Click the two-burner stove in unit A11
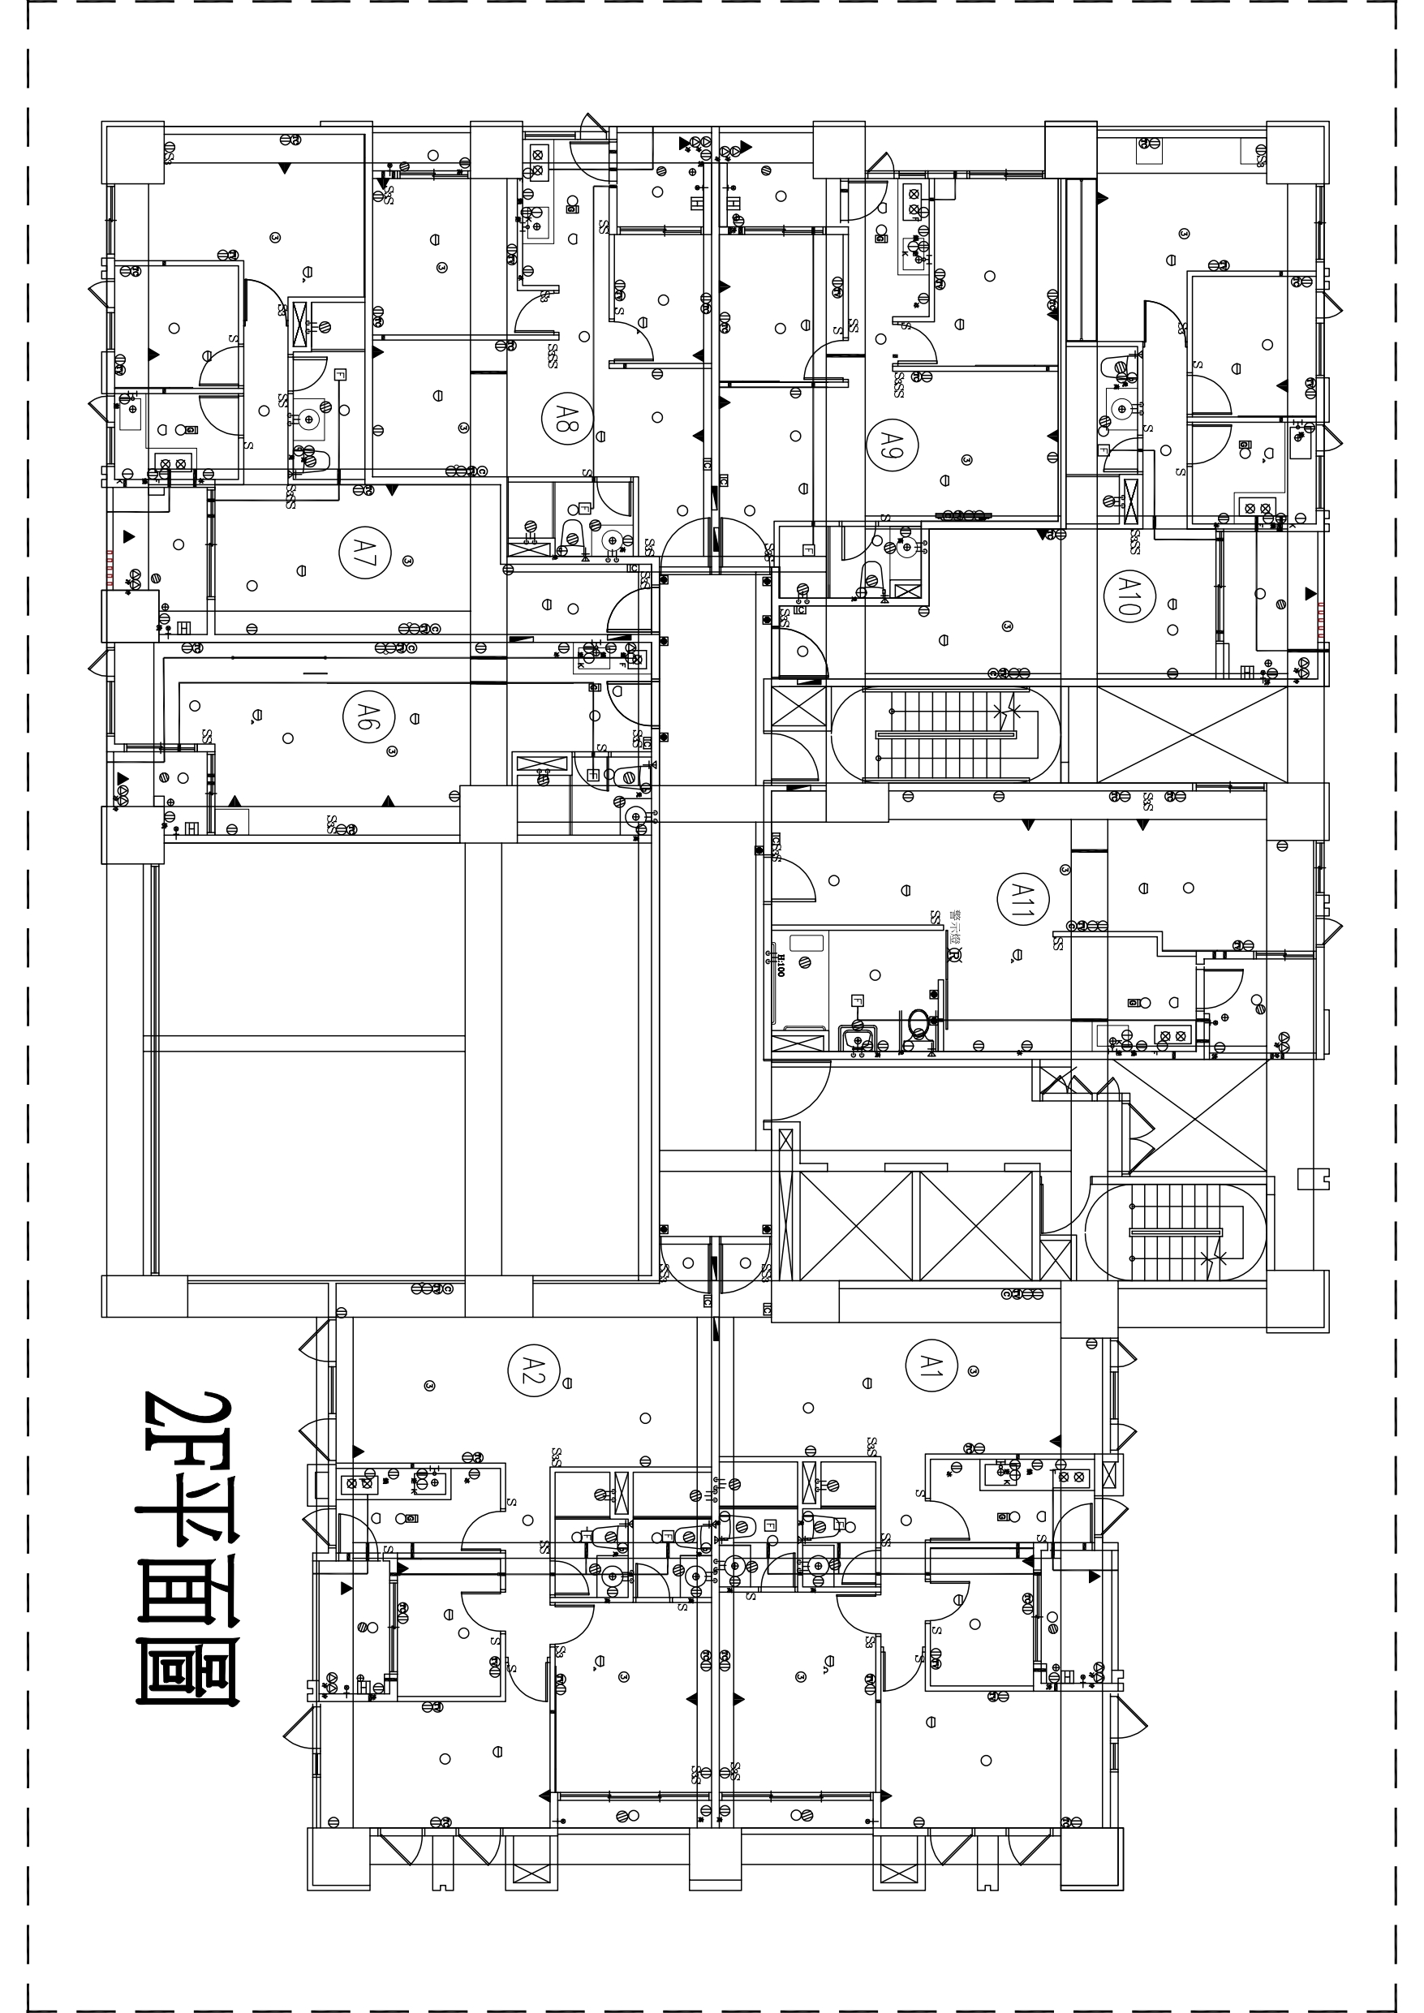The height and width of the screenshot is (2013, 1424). pyautogui.click(x=1173, y=1036)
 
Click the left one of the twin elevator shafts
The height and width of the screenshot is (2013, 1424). pyautogui.click(x=857, y=1226)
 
